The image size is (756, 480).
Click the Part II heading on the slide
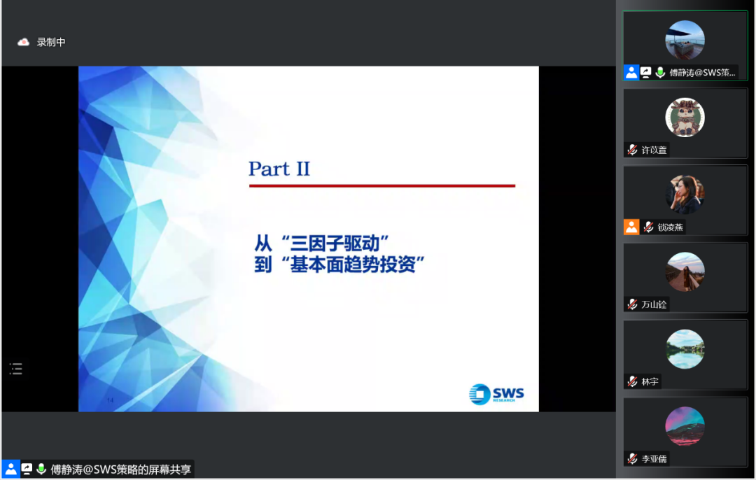point(279,169)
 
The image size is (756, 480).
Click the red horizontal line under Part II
point(382,185)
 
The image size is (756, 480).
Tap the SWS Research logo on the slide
point(496,394)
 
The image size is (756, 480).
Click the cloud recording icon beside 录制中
point(23,43)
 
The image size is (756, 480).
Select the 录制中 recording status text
point(51,43)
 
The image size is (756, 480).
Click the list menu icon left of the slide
point(16,369)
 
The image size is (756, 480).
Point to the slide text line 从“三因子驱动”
point(321,243)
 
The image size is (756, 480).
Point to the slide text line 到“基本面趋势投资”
point(339,264)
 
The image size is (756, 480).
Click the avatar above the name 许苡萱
point(685,117)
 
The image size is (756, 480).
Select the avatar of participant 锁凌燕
point(685,195)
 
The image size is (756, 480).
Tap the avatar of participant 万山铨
point(685,271)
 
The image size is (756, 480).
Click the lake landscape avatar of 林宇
point(685,349)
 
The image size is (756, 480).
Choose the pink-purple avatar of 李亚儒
point(685,427)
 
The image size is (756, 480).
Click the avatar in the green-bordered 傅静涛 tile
point(685,40)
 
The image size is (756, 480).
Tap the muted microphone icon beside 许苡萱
point(633,150)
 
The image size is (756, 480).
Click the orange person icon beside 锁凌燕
point(631,227)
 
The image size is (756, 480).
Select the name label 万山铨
point(654,304)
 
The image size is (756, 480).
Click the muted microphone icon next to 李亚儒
point(633,459)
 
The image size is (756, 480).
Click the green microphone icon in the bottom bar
point(41,469)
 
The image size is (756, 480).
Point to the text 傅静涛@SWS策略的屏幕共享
point(120,470)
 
